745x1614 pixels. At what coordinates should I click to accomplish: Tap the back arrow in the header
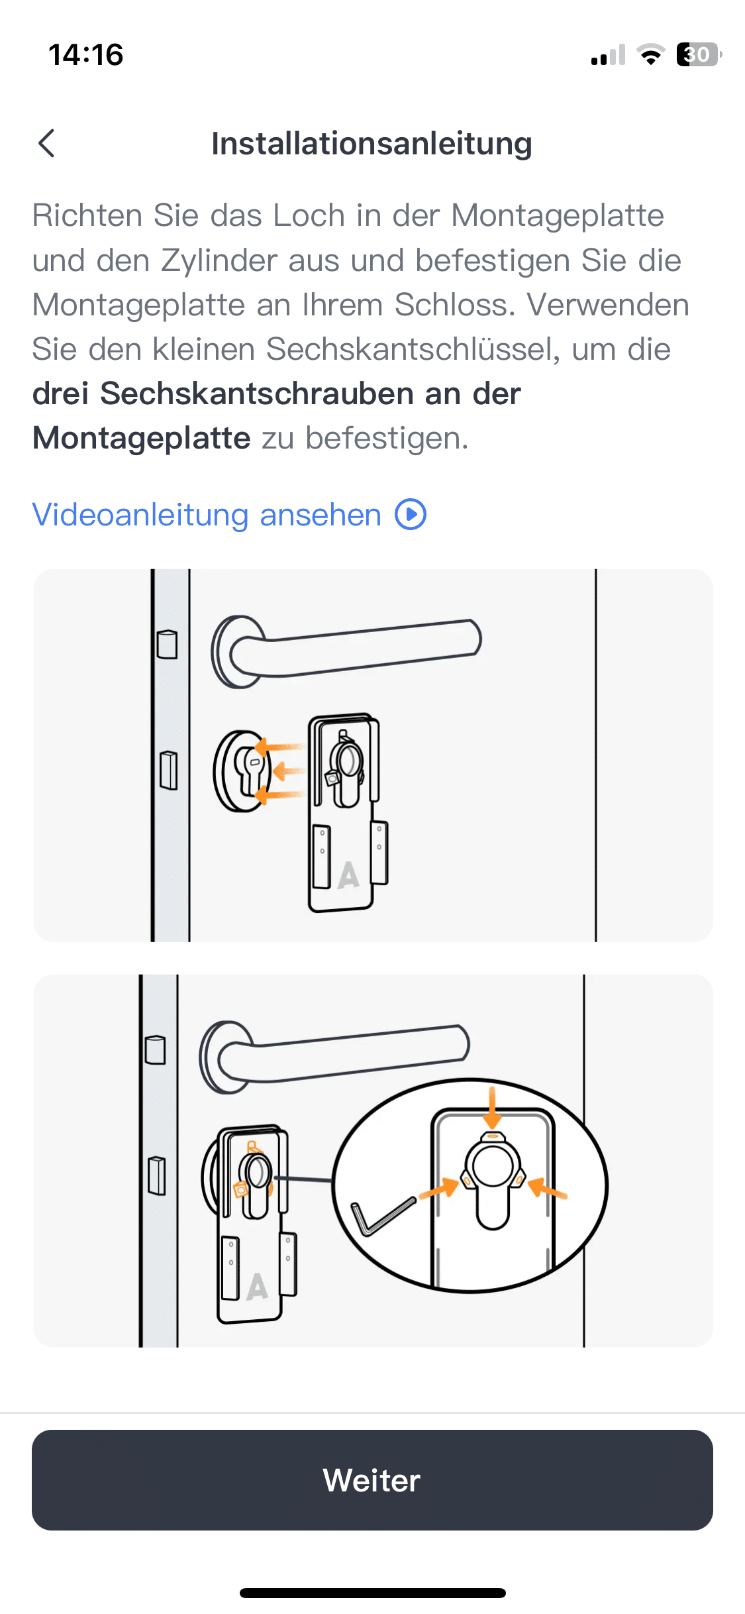coord(46,143)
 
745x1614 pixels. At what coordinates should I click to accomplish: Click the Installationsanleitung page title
coord(372,144)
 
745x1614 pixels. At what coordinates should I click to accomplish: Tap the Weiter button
coord(372,1479)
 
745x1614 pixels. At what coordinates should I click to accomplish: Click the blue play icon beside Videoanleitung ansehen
coord(411,515)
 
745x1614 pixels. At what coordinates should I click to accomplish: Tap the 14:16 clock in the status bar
coord(86,54)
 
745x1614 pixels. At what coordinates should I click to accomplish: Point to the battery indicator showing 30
coord(699,54)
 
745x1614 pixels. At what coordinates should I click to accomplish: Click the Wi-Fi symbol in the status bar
coord(651,54)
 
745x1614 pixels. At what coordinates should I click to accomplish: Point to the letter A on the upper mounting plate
coord(348,875)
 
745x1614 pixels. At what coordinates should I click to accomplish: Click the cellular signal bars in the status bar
coord(608,54)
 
